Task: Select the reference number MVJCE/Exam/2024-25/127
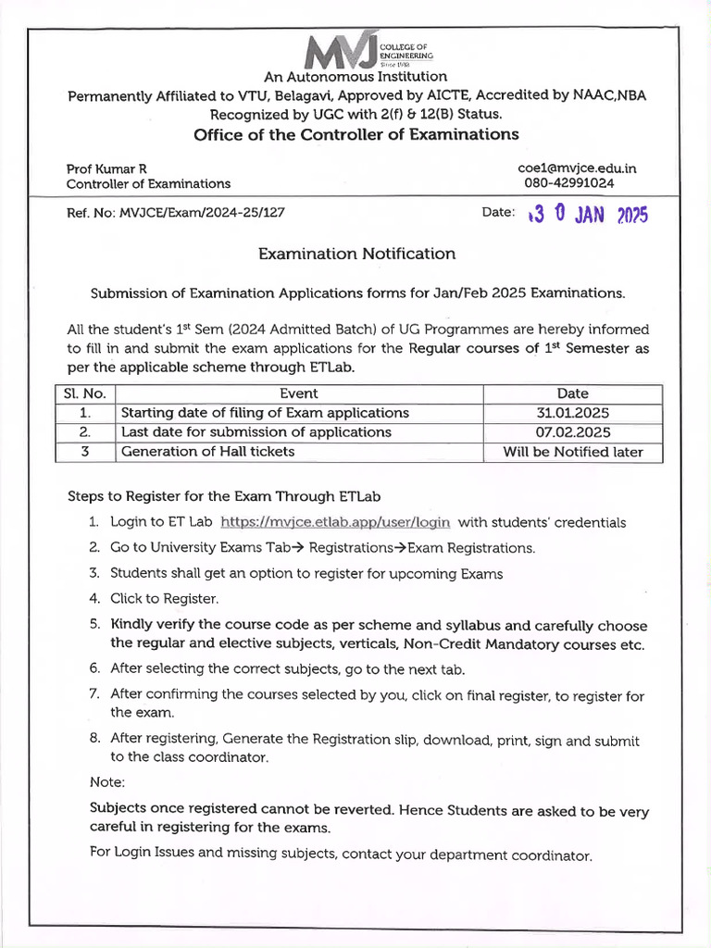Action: point(202,212)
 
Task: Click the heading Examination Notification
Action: point(356,254)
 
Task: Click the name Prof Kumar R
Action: point(106,168)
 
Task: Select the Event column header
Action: point(298,393)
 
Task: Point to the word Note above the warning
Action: point(107,782)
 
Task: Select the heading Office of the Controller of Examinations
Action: point(356,135)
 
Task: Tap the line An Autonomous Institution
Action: point(355,77)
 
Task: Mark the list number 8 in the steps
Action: point(94,739)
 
